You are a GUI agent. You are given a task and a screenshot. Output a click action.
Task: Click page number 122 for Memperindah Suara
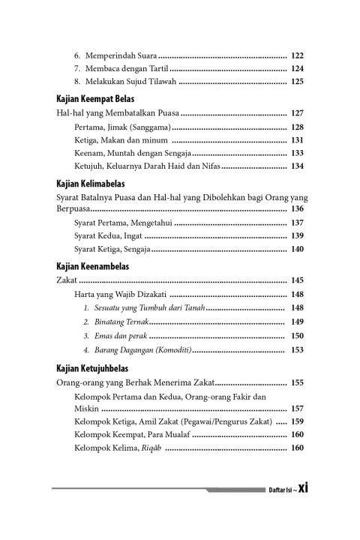(296, 55)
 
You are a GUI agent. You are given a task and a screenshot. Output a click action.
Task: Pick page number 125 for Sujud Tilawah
(296, 81)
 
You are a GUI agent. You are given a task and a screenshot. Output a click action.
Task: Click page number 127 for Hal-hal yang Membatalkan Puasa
(296, 113)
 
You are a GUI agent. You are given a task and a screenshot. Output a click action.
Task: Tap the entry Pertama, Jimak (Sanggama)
(124, 127)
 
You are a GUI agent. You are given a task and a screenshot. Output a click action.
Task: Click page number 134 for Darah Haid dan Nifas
(296, 166)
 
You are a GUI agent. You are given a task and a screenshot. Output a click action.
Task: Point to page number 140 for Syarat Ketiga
(296, 248)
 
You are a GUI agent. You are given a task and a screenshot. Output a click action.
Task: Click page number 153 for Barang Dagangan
(296, 349)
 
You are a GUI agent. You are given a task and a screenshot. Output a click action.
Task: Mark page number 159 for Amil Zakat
(296, 421)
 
